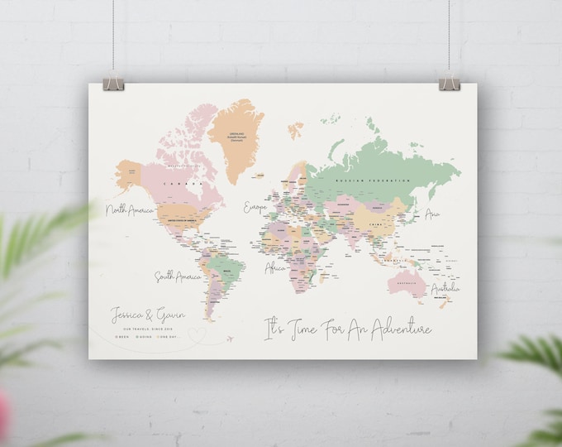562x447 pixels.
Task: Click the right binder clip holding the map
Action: (449, 82)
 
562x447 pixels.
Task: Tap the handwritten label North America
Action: (131, 213)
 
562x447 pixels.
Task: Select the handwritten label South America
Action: (175, 276)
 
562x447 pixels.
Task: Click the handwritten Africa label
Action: (275, 268)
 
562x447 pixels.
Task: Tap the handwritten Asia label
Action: (431, 214)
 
